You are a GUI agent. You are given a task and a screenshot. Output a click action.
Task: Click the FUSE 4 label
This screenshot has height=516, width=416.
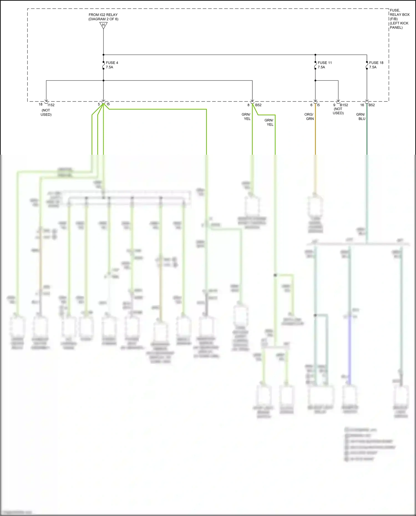coord(112,63)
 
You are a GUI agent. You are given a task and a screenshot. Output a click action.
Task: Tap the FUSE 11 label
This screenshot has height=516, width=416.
coord(324,63)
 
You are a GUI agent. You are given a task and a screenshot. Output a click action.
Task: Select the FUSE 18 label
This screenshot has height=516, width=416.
coord(376,63)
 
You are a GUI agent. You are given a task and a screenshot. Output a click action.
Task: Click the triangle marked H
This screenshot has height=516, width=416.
coord(103,25)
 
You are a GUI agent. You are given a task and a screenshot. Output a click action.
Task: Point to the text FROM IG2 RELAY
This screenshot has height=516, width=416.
coord(103,15)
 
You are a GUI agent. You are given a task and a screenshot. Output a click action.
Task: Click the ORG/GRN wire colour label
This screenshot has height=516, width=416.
coord(309,116)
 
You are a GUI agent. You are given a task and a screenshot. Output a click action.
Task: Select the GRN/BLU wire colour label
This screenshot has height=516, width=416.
coord(361,116)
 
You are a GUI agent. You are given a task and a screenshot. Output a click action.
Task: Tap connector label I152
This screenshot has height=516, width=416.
coord(51,105)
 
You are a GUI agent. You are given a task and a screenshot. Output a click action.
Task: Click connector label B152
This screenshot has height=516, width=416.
coord(344,105)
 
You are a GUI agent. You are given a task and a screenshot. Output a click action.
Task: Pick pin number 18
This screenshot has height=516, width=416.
coord(40,105)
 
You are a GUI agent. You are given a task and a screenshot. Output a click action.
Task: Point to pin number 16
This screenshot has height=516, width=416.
coord(362,105)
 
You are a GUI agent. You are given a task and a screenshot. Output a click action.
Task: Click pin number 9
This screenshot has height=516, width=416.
coord(334,105)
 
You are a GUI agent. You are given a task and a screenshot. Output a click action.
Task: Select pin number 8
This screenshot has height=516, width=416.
coord(248,105)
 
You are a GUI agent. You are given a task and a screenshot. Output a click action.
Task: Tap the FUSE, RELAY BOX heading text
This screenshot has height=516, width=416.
coord(399,12)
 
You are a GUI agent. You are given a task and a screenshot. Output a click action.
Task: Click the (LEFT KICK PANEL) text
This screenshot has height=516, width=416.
coord(399,25)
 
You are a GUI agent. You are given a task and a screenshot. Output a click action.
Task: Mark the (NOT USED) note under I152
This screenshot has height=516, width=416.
coord(46,112)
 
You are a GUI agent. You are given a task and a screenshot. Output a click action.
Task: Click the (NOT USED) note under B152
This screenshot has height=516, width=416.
coord(338,111)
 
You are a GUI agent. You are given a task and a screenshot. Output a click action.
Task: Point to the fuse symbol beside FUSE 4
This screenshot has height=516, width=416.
coord(103,65)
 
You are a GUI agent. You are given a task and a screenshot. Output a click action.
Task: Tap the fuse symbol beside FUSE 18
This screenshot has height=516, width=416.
coord(367,65)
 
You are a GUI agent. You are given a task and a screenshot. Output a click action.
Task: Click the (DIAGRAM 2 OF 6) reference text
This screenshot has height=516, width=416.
coord(103,19)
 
